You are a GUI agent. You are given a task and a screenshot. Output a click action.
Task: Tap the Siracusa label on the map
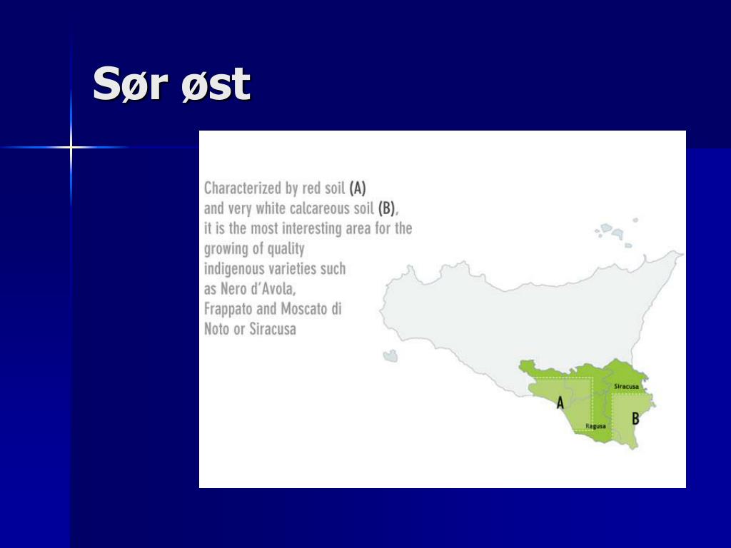pyautogui.click(x=626, y=386)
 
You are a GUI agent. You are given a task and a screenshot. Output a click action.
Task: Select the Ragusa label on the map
pyautogui.click(x=595, y=426)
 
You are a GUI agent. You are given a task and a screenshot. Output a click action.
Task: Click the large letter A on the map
pyautogui.click(x=560, y=402)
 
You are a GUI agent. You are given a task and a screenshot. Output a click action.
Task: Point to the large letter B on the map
pyautogui.click(x=635, y=418)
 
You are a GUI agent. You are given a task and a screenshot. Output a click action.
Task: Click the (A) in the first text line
pyautogui.click(x=357, y=188)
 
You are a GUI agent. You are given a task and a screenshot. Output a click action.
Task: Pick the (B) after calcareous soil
pyautogui.click(x=386, y=208)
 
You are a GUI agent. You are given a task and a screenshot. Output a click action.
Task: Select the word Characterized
pyautogui.click(x=243, y=188)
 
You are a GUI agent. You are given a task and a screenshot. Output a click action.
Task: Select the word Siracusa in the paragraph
pyautogui.click(x=273, y=329)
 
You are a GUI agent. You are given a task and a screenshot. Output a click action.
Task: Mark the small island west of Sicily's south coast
pyautogui.click(x=390, y=356)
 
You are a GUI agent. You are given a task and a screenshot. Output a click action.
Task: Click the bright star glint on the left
pyautogui.click(x=71, y=147)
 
